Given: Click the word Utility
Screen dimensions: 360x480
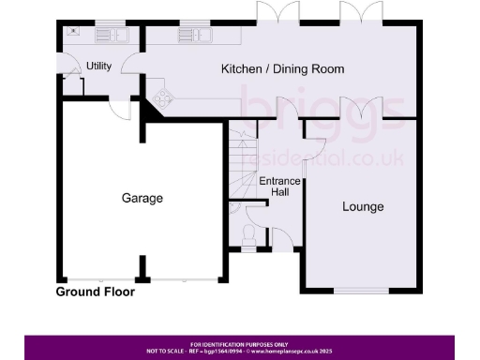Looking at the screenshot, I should (x=98, y=66).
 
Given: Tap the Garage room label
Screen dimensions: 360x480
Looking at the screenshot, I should (x=142, y=198).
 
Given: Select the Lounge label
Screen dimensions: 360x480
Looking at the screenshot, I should (x=362, y=206).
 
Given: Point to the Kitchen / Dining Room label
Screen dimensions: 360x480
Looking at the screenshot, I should (x=282, y=68).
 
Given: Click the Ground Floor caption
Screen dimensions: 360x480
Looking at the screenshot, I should (x=95, y=292).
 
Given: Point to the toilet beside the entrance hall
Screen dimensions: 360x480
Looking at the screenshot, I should (x=248, y=234).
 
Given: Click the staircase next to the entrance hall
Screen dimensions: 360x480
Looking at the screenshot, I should (x=243, y=164).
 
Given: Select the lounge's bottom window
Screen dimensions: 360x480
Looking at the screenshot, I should (x=362, y=290).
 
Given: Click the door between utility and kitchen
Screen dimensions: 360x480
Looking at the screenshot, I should (x=136, y=67).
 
